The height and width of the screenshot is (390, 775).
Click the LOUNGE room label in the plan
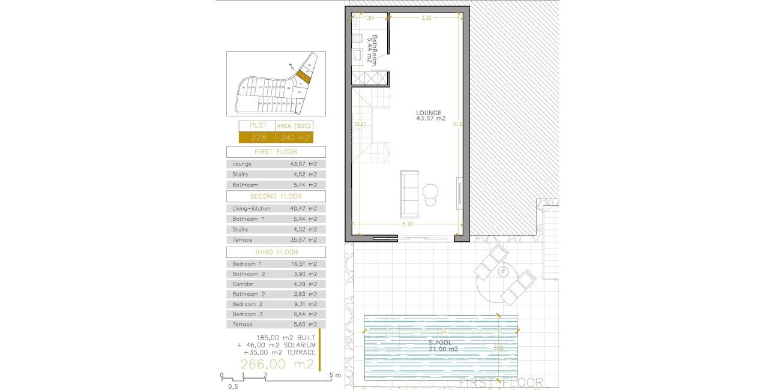430,113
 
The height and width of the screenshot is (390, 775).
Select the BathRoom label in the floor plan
373,50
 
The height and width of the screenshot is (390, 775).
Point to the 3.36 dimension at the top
426,18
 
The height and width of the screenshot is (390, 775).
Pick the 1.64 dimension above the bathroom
369,18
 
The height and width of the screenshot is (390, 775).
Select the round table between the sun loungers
501,272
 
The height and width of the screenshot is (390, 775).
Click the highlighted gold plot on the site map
304,77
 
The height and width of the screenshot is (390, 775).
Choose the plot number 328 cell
256,137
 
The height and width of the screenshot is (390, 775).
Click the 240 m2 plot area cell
294,137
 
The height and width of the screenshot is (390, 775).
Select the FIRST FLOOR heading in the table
276,152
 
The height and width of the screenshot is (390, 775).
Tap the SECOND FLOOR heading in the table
276,196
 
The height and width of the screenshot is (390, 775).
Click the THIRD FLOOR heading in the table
276,253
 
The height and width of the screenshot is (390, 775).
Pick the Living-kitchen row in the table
276,208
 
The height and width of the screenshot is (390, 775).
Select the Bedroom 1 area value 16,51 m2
304,264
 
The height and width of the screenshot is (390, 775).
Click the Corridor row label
243,284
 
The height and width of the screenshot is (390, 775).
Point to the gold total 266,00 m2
277,364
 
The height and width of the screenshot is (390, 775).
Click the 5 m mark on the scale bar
330,376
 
